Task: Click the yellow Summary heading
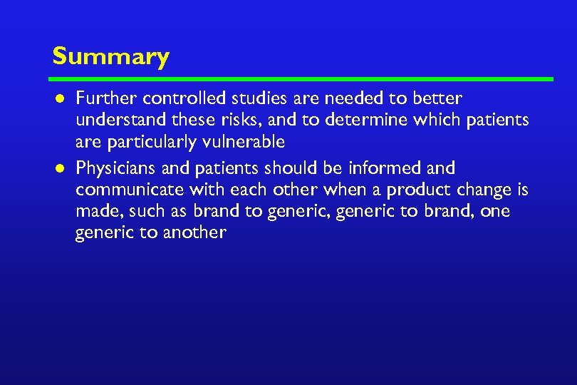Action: coord(110,56)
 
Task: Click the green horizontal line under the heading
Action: coord(302,78)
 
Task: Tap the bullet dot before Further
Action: coord(61,98)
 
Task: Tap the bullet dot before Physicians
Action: coord(61,169)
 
